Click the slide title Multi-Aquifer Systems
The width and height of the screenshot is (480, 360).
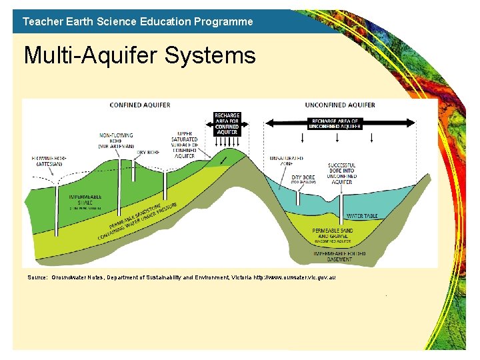pos(139,55)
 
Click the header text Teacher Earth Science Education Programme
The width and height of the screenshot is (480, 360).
pos(137,21)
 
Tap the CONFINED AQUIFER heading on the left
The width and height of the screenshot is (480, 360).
pos(139,105)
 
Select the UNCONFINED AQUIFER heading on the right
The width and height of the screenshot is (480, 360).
pos(339,105)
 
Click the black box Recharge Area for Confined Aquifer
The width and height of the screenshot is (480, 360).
pos(227,124)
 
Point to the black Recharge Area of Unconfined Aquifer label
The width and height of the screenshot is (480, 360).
pos(336,123)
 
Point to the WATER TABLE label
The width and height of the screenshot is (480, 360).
pos(362,216)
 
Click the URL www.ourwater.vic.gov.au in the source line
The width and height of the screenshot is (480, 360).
pos(294,277)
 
